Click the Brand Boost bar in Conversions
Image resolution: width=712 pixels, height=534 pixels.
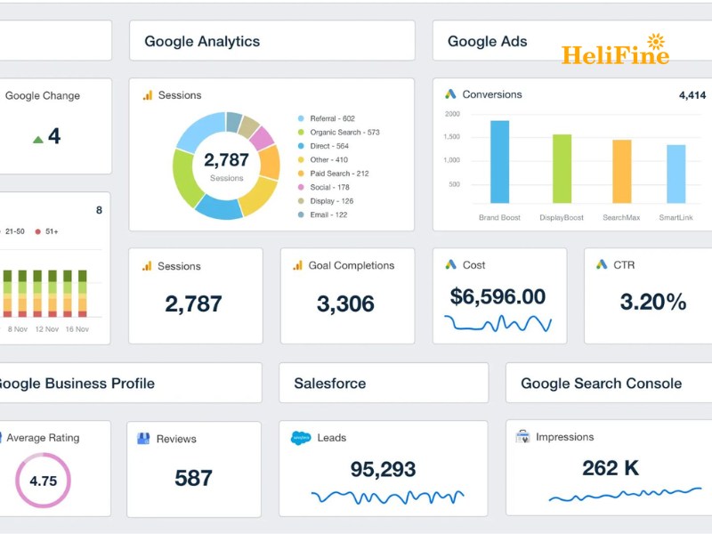click(x=499, y=162)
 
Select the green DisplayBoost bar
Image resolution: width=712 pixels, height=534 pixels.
click(x=562, y=169)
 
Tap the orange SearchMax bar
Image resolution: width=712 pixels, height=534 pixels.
click(x=621, y=172)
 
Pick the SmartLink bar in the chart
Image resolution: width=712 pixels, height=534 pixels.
click(x=676, y=174)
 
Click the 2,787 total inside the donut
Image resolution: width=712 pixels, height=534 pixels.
click(x=226, y=161)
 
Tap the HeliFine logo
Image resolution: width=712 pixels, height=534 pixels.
click(x=615, y=53)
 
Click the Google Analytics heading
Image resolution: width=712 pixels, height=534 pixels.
click(x=202, y=41)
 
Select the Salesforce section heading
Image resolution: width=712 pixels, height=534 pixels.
click(x=329, y=384)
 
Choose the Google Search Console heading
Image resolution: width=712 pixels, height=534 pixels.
click(x=601, y=384)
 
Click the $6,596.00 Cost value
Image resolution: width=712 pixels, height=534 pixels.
click(x=498, y=297)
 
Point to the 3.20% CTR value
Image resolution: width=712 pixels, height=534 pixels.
click(x=653, y=302)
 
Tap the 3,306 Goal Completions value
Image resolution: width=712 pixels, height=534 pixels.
click(x=345, y=303)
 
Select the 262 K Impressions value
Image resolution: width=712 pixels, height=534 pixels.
click(x=611, y=467)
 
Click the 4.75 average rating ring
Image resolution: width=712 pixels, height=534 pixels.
click(x=43, y=481)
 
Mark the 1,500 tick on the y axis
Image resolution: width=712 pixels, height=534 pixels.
click(x=452, y=137)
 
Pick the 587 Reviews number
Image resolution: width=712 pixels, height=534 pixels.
click(x=193, y=478)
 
